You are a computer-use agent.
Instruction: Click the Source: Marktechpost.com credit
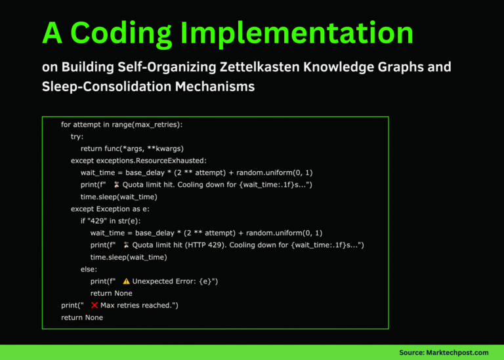[444, 352]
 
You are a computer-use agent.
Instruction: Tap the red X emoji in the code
[94, 306]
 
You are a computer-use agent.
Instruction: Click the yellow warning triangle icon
[126, 281]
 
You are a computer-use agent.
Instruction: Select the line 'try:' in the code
[78, 136]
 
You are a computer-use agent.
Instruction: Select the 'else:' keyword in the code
[89, 269]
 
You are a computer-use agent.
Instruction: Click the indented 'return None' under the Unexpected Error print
[111, 293]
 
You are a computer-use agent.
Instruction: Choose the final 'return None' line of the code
[82, 317]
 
